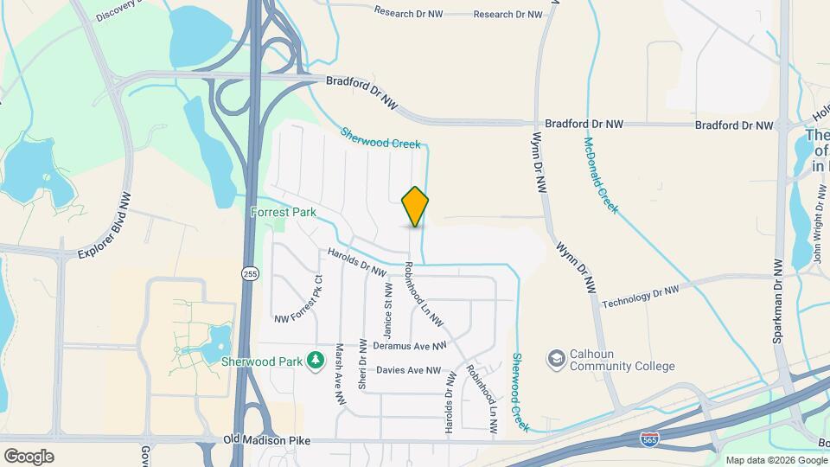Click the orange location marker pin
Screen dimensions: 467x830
click(x=415, y=207)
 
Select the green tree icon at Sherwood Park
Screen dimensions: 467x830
click(x=316, y=359)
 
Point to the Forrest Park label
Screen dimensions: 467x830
click(x=284, y=212)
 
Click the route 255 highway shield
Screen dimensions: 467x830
click(x=250, y=274)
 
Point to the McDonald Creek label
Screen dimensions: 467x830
click(x=601, y=176)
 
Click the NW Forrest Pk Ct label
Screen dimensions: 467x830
click(x=298, y=301)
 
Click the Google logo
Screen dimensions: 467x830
click(x=29, y=456)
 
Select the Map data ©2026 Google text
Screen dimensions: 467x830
click(x=774, y=459)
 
